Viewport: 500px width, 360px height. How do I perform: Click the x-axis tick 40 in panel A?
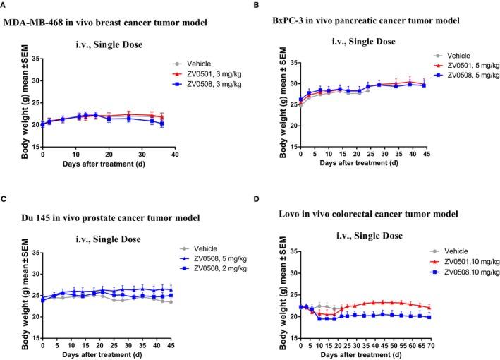(174, 153)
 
